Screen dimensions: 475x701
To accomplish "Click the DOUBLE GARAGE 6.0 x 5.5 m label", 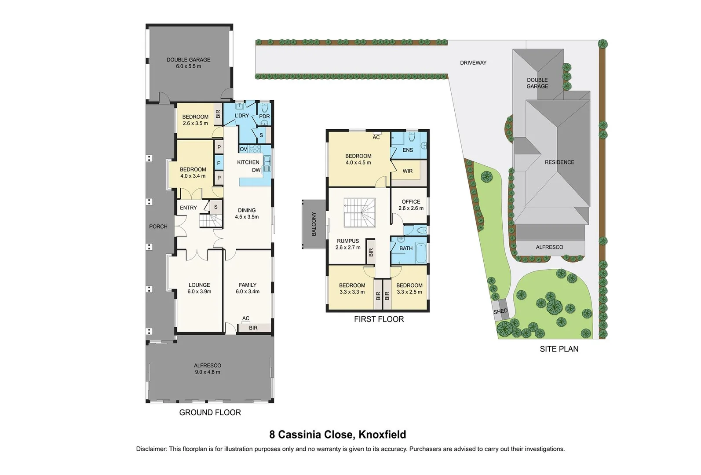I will point(188,63).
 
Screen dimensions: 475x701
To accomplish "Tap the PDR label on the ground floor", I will point(264,117).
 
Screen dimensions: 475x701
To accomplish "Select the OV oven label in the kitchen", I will point(243,149).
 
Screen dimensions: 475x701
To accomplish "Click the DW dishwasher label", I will point(256,170).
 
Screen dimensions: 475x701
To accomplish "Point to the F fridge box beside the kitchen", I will point(219,164).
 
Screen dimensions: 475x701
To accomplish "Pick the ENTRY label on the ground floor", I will point(188,208).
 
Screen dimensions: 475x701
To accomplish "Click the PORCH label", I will point(158,227).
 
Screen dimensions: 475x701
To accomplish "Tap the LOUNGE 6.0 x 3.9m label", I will point(199,288).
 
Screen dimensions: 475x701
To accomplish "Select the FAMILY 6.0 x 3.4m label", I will point(248,288).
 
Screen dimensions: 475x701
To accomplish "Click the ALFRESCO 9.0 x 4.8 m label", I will point(208,369).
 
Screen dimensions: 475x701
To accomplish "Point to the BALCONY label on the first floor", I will point(314,224).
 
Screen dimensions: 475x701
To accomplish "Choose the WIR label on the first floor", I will point(408,171).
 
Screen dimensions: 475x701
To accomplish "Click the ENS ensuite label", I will point(408,150).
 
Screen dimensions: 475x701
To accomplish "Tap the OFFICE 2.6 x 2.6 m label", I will point(411,205).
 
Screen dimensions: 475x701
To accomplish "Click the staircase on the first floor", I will point(359,212).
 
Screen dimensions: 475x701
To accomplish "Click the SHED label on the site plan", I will point(500,311).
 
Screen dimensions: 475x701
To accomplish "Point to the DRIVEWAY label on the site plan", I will point(473,63).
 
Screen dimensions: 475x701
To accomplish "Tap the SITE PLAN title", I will point(559,349).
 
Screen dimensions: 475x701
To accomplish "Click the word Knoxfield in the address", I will point(382,435).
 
